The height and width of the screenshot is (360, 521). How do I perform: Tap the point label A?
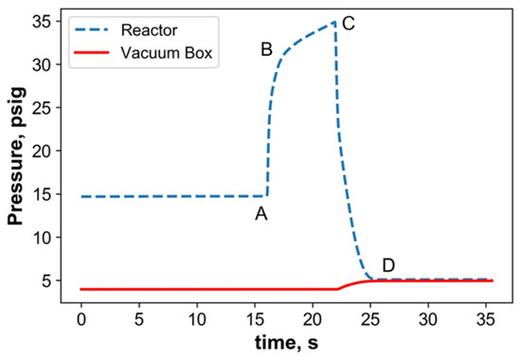pos(261,214)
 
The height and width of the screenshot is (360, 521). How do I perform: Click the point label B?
pos(267,48)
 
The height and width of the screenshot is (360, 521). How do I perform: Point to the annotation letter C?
pos(349,25)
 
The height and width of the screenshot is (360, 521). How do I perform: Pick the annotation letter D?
pos(387,263)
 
